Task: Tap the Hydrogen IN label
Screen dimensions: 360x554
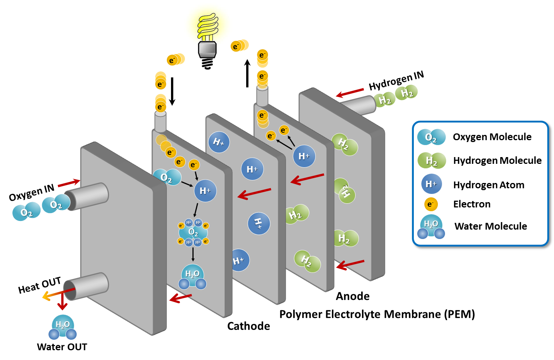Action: [396, 81]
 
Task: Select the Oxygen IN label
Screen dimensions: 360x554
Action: [32, 192]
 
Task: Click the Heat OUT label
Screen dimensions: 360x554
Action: [39, 285]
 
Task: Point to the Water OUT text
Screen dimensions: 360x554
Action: [62, 347]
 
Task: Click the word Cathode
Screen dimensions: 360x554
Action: [248, 326]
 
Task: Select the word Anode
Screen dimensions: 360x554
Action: [353, 296]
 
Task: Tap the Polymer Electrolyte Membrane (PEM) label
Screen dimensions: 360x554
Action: [377, 314]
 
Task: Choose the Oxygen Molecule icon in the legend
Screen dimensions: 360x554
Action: [431, 137]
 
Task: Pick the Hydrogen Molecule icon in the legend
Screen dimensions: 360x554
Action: [431, 161]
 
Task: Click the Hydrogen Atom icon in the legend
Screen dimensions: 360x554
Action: [431, 184]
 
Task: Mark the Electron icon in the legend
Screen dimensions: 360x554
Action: [431, 204]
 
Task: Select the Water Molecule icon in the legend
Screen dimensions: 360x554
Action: [431, 227]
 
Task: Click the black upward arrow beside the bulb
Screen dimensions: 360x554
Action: [247, 73]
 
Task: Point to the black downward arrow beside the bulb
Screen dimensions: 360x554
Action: [172, 91]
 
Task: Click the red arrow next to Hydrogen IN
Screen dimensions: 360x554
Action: [350, 92]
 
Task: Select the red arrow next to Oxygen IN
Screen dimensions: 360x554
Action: [69, 183]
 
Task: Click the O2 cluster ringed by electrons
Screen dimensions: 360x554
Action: [193, 232]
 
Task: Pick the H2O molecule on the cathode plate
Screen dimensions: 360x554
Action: [192, 277]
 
